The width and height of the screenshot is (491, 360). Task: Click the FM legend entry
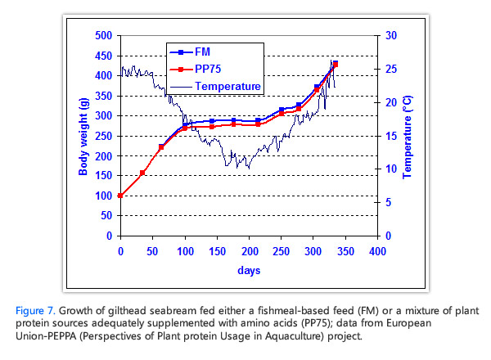coord(200,52)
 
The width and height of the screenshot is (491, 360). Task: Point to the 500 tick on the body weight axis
coord(104,37)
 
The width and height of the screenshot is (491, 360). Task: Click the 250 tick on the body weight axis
coord(104,137)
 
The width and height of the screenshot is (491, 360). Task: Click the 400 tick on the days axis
coord(376,251)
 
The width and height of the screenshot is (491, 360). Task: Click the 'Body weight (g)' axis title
coord(83,136)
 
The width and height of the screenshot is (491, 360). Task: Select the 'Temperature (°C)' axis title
coord(408,136)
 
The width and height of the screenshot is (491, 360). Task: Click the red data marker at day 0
coord(120,196)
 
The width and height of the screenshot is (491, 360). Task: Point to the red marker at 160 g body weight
coord(142,173)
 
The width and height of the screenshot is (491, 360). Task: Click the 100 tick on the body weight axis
coord(104,196)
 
